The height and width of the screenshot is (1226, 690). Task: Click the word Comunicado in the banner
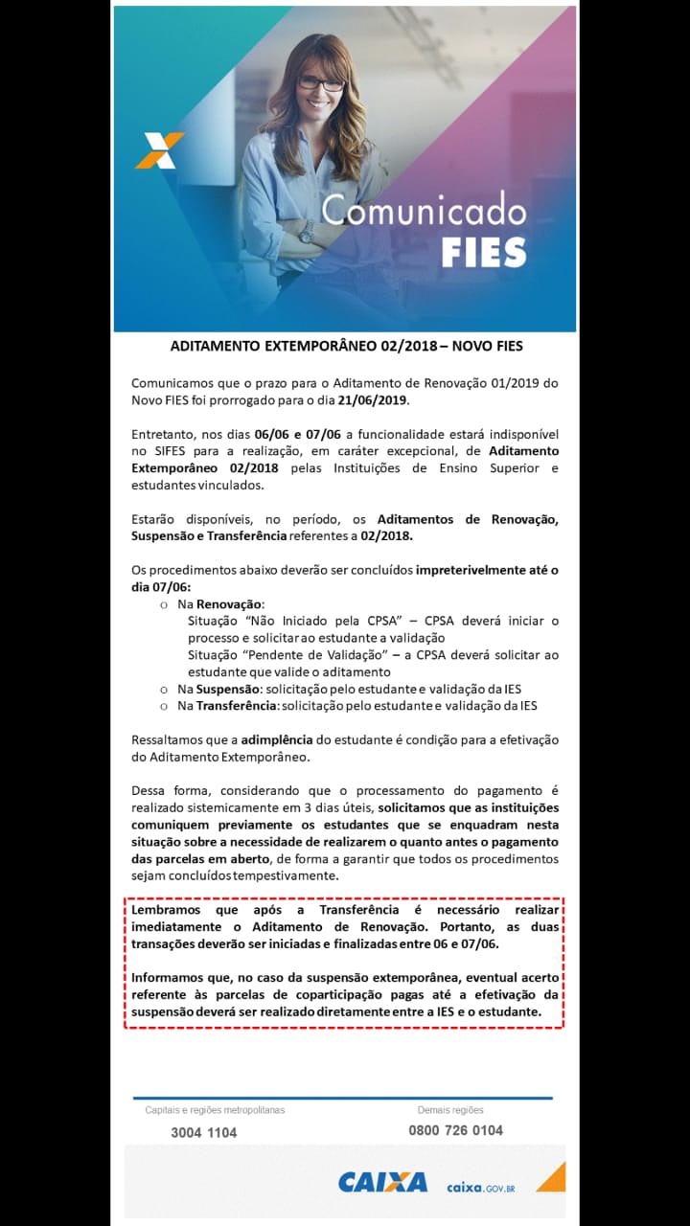424,209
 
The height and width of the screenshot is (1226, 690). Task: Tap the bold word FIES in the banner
484,251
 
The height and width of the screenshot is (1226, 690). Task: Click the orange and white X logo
158,150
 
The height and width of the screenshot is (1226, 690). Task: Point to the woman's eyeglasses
320,84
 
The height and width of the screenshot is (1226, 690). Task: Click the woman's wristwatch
306,231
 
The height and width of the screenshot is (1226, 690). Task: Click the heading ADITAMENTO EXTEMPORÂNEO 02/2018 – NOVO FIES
346,345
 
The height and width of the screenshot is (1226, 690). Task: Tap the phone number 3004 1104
203,1132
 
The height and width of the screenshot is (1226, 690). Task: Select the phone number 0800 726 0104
455,1130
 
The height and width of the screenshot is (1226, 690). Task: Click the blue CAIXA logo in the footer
382,1182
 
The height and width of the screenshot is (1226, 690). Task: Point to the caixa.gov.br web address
481,1188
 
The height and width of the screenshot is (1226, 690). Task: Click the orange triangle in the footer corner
552,1177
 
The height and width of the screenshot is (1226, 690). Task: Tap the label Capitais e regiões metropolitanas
215,1110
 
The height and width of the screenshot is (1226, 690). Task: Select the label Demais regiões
450,1110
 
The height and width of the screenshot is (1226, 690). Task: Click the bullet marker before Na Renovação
164,604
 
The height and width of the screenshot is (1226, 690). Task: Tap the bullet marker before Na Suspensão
164,690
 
